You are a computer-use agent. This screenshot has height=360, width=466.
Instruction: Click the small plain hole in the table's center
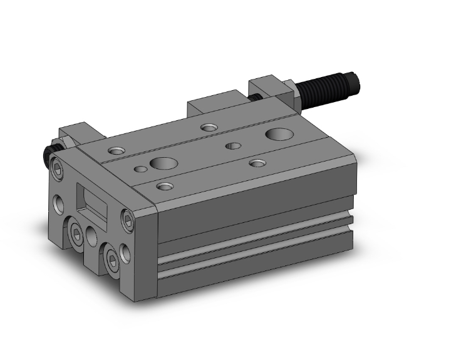pos(233,145)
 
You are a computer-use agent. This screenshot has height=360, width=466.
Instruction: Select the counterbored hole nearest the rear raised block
pos(209,127)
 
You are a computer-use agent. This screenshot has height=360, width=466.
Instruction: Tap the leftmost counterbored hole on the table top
pos(116,150)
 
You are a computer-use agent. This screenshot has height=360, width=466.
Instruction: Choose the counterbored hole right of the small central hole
pos(257,163)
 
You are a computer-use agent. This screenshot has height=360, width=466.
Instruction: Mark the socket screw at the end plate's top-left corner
pos(58,168)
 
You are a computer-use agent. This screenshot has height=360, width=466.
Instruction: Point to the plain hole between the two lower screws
pos(92,236)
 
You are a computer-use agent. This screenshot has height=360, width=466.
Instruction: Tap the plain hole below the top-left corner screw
pos(59,203)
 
